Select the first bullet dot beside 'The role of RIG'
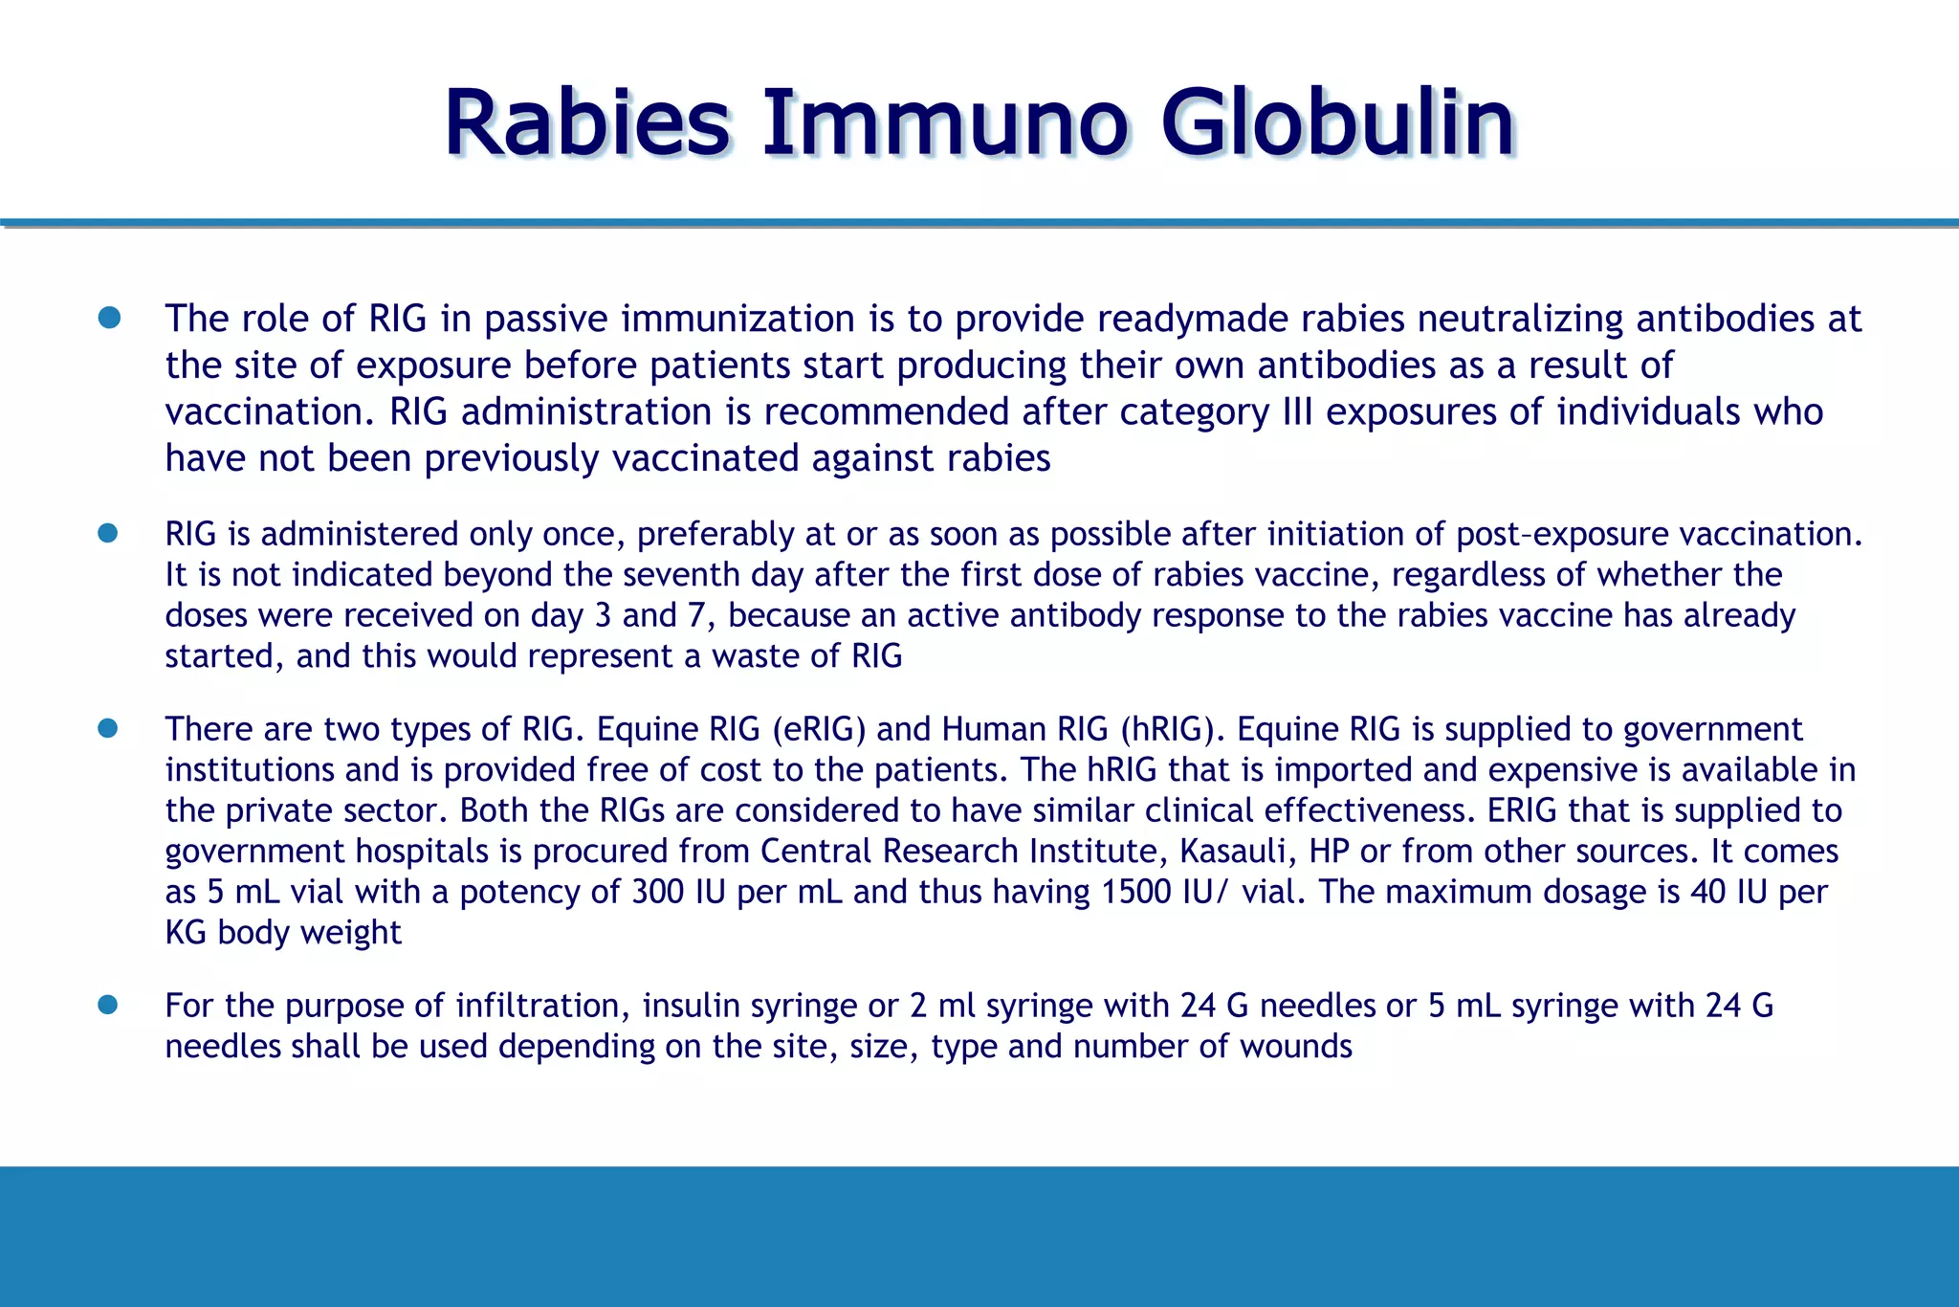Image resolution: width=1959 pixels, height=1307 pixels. pos(109,318)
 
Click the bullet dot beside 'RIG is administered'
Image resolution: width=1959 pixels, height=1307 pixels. pos(107,533)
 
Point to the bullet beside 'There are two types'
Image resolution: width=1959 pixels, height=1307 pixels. pos(107,729)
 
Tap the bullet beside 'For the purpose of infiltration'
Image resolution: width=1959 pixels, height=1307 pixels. pos(107,1005)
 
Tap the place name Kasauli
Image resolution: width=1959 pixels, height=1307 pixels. pos(1233,852)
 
